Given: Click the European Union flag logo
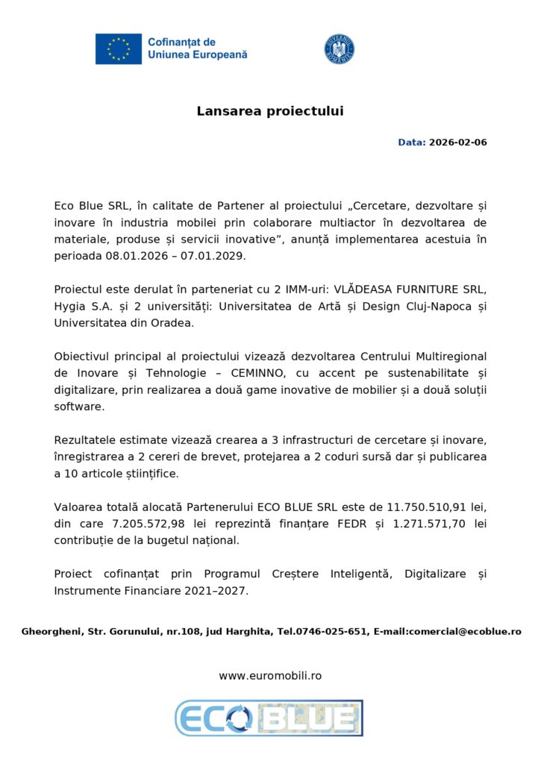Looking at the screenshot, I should tap(118, 48).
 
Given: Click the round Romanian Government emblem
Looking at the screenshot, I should tap(339, 48).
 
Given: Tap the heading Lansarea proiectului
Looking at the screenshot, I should tap(270, 111).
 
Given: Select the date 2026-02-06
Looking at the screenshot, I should tap(457, 142).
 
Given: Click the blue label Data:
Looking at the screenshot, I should tap(411, 142).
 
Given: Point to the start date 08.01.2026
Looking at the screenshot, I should tap(131, 255).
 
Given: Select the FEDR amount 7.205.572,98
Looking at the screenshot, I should tap(133, 524).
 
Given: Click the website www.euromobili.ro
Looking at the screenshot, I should tap(270, 675).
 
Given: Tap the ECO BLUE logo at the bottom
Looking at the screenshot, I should tap(269, 718).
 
